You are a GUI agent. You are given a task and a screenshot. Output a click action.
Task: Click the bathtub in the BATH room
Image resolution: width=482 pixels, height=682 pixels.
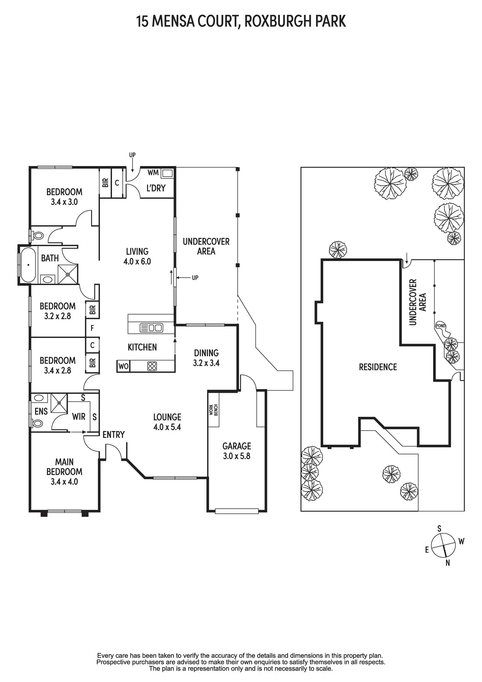point(28,265)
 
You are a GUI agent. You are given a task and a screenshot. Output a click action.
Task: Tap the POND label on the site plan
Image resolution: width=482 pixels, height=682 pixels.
point(440,326)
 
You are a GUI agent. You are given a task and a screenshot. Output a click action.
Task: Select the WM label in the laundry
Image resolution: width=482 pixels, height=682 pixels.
point(153,173)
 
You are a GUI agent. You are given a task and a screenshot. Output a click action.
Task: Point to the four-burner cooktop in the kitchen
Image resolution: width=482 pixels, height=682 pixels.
point(152,366)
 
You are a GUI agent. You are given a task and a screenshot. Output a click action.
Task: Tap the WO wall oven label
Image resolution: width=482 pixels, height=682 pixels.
point(123,366)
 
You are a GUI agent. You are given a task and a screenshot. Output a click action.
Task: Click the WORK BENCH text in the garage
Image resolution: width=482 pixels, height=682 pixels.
point(213,410)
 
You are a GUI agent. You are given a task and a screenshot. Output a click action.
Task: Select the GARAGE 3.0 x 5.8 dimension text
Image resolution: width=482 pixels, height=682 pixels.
point(236,456)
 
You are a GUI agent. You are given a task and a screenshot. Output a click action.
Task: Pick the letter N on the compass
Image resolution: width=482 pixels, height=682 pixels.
point(448,563)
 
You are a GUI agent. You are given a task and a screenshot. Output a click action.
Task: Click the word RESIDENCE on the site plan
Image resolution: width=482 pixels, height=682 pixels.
point(378,367)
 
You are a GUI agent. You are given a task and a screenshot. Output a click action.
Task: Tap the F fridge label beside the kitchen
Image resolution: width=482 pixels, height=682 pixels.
point(92,328)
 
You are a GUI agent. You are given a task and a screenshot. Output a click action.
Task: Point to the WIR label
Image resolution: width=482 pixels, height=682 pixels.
point(79,416)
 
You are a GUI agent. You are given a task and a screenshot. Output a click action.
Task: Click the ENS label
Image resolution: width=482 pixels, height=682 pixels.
point(41,411)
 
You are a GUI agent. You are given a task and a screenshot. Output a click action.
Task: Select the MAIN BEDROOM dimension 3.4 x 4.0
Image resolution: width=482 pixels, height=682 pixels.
point(64,482)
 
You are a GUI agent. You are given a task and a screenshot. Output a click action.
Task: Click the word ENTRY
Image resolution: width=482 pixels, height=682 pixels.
point(114,434)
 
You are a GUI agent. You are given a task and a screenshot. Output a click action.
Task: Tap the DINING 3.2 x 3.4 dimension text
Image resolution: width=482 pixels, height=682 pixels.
point(206,363)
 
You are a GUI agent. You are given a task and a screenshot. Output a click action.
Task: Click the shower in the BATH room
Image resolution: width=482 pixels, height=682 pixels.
point(68,274)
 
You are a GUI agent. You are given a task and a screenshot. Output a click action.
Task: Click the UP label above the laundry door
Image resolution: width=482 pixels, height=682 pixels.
point(132,155)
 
